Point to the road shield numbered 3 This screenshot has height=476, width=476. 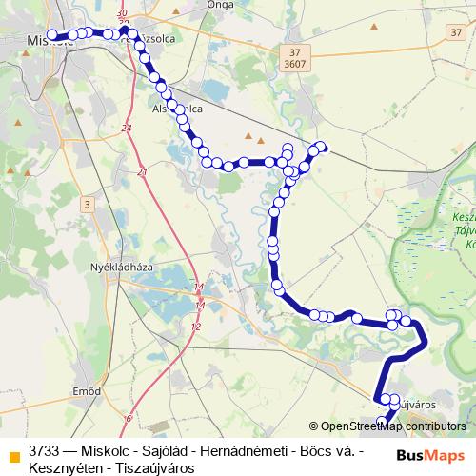click(x=87, y=205)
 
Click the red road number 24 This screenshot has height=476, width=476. click(x=127, y=127)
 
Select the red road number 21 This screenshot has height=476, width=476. click(x=142, y=172)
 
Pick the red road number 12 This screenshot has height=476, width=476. click(x=196, y=327)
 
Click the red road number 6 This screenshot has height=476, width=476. click(x=127, y=417)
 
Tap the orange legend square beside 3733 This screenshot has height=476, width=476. click(x=14, y=451)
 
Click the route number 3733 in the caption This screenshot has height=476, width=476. click(x=46, y=450)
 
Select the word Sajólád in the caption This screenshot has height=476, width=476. click(x=170, y=450)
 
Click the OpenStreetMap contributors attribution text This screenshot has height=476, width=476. click(x=393, y=426)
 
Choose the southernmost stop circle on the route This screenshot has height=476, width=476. click(x=383, y=421)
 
